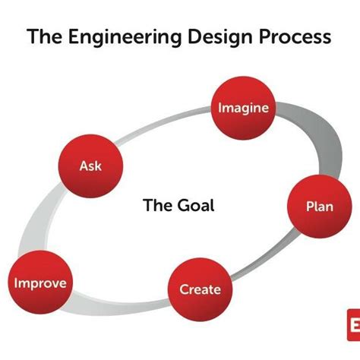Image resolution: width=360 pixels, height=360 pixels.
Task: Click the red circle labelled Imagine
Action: [x=243, y=107]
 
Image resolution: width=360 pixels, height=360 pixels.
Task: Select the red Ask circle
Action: [x=90, y=165]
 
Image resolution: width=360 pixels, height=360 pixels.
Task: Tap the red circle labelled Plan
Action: [x=319, y=207]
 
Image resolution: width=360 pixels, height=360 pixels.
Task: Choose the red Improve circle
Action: [x=39, y=284]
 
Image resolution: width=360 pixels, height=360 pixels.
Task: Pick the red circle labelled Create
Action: [x=200, y=289]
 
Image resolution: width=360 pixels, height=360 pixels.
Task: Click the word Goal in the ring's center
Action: [x=194, y=204]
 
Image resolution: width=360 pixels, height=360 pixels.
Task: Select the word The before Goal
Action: [x=156, y=204]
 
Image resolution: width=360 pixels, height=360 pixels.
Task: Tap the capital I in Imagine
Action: [x=220, y=107]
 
